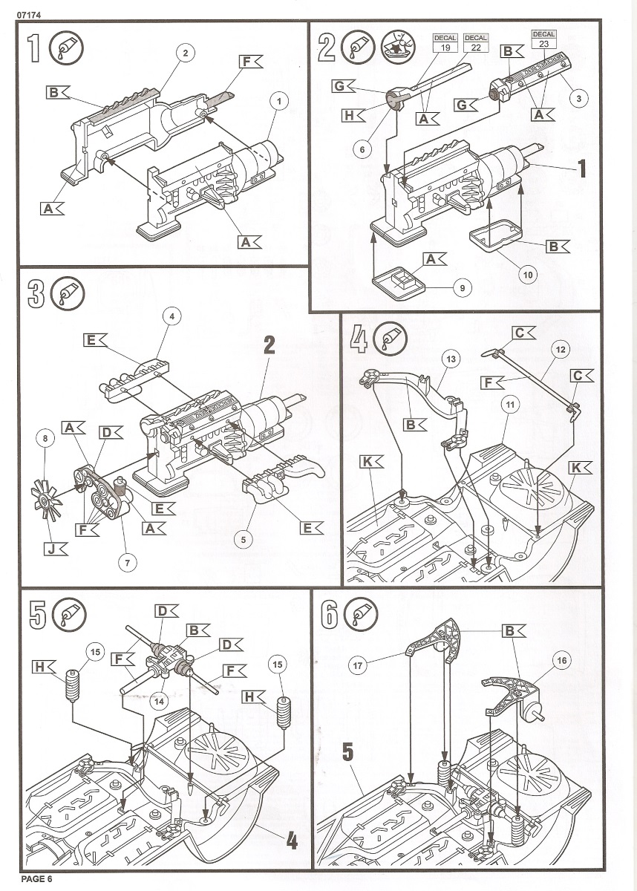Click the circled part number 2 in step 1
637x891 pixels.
pos(184,52)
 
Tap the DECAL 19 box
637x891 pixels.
pos(445,42)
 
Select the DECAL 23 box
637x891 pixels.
pos(543,39)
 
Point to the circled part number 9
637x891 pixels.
pos(461,287)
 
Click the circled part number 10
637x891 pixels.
pos(528,275)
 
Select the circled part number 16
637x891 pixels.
pos(561,659)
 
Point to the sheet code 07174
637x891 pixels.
pos(19,8)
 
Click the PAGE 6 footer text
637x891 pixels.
pos(37,880)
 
